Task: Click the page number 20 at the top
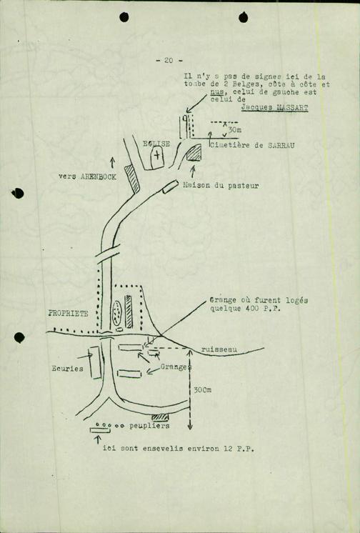(169, 61)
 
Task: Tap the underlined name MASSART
(292, 108)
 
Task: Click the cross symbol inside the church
(156, 156)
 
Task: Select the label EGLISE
(156, 144)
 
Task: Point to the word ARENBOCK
(99, 176)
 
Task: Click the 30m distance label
(235, 130)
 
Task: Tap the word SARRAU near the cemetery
(281, 146)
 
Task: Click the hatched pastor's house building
(194, 152)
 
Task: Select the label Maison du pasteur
(221, 186)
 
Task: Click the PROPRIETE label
(69, 314)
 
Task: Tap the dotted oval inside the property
(117, 312)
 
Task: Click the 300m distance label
(203, 390)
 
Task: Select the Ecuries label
(67, 369)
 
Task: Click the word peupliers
(149, 426)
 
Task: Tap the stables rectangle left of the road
(95, 363)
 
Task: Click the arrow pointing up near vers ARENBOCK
(113, 162)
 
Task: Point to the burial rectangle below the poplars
(100, 430)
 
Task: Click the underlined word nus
(217, 92)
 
